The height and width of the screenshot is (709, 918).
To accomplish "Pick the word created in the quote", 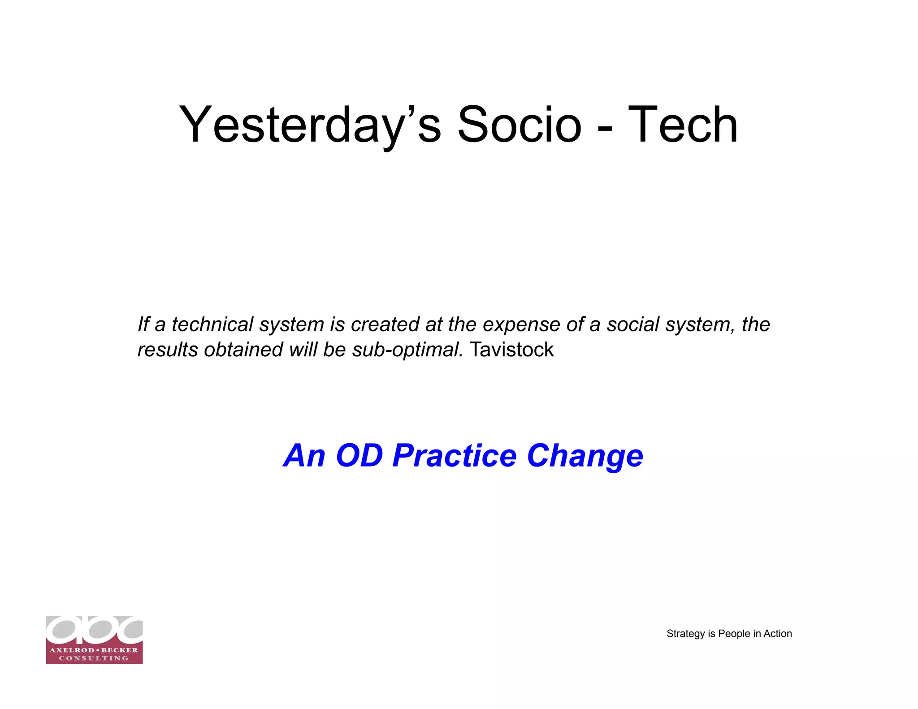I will pyautogui.click(x=385, y=324).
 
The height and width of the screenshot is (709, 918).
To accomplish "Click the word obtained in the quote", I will pyautogui.click(x=243, y=349).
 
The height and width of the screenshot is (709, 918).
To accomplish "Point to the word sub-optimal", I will pyautogui.click(x=407, y=350).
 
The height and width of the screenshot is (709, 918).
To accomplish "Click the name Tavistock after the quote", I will pyautogui.click(x=512, y=349).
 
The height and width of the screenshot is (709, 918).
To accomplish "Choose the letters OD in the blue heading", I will pyautogui.click(x=359, y=455).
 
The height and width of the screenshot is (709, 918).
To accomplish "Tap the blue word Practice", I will pyautogui.click(x=455, y=455).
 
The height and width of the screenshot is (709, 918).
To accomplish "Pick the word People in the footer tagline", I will pyautogui.click(x=734, y=634).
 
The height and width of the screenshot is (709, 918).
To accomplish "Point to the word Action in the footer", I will pyautogui.click(x=778, y=634).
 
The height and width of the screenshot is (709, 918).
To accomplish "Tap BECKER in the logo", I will pyautogui.click(x=120, y=650).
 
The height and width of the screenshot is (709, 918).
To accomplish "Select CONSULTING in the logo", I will pyautogui.click(x=94, y=658).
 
